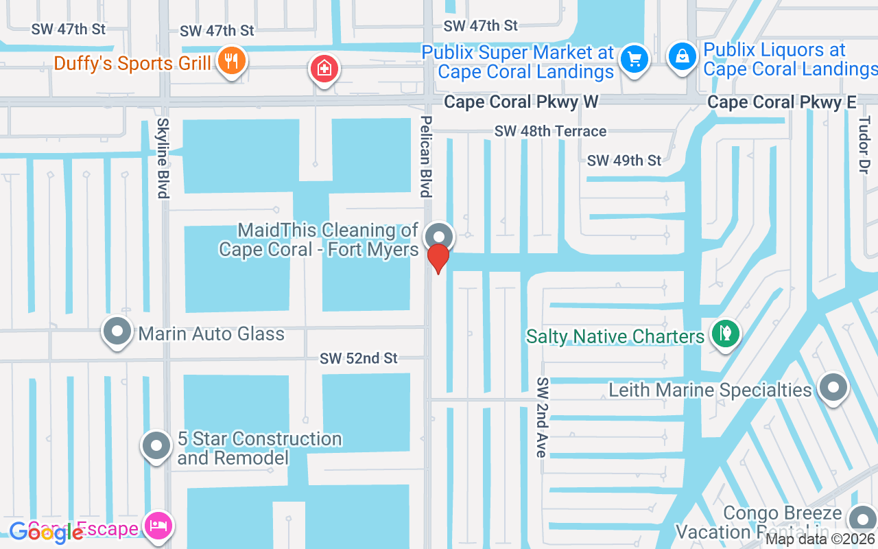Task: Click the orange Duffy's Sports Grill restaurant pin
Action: (x=232, y=61)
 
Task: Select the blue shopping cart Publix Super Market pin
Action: (x=634, y=60)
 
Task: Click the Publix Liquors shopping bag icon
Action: (x=683, y=57)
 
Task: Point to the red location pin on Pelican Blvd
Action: (x=438, y=259)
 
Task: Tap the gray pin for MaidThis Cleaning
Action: (x=438, y=237)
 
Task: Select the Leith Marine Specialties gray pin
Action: (x=833, y=388)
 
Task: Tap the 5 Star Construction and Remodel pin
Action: (x=156, y=446)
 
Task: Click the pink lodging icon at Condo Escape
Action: (x=159, y=527)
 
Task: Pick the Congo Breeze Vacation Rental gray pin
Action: (x=862, y=520)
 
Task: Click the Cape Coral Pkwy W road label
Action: (x=521, y=102)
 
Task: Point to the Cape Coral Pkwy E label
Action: (x=782, y=102)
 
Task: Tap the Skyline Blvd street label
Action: (x=163, y=158)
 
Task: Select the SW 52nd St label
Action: (x=359, y=358)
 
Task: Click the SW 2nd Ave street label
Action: (x=542, y=417)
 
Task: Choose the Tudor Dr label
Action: (x=864, y=144)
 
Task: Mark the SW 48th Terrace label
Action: (x=550, y=131)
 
